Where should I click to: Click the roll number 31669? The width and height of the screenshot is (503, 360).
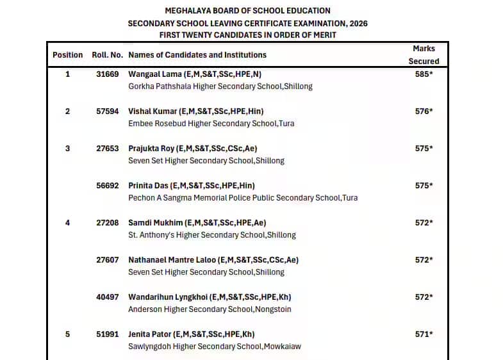tap(107, 74)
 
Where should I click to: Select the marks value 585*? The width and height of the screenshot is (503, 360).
tap(424, 74)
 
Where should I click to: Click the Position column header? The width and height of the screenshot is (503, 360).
tap(67, 55)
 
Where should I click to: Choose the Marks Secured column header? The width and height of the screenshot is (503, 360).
tap(424, 55)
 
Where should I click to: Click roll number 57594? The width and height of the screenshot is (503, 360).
tap(107, 111)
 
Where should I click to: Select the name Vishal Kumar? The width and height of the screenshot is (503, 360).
tap(152, 111)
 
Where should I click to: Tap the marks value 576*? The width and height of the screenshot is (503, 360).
tap(424, 111)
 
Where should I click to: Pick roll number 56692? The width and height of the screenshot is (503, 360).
tap(107, 186)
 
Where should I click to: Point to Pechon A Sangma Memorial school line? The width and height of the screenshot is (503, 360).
tap(243, 198)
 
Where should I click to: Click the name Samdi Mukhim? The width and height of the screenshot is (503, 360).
tap(155, 223)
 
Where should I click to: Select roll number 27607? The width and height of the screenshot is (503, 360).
tap(107, 260)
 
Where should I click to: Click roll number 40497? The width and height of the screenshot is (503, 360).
tap(107, 297)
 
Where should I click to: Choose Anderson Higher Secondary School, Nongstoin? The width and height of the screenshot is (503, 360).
tap(210, 309)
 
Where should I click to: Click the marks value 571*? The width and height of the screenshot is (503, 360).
tap(424, 334)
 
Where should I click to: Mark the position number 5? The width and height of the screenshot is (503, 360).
tap(67, 334)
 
